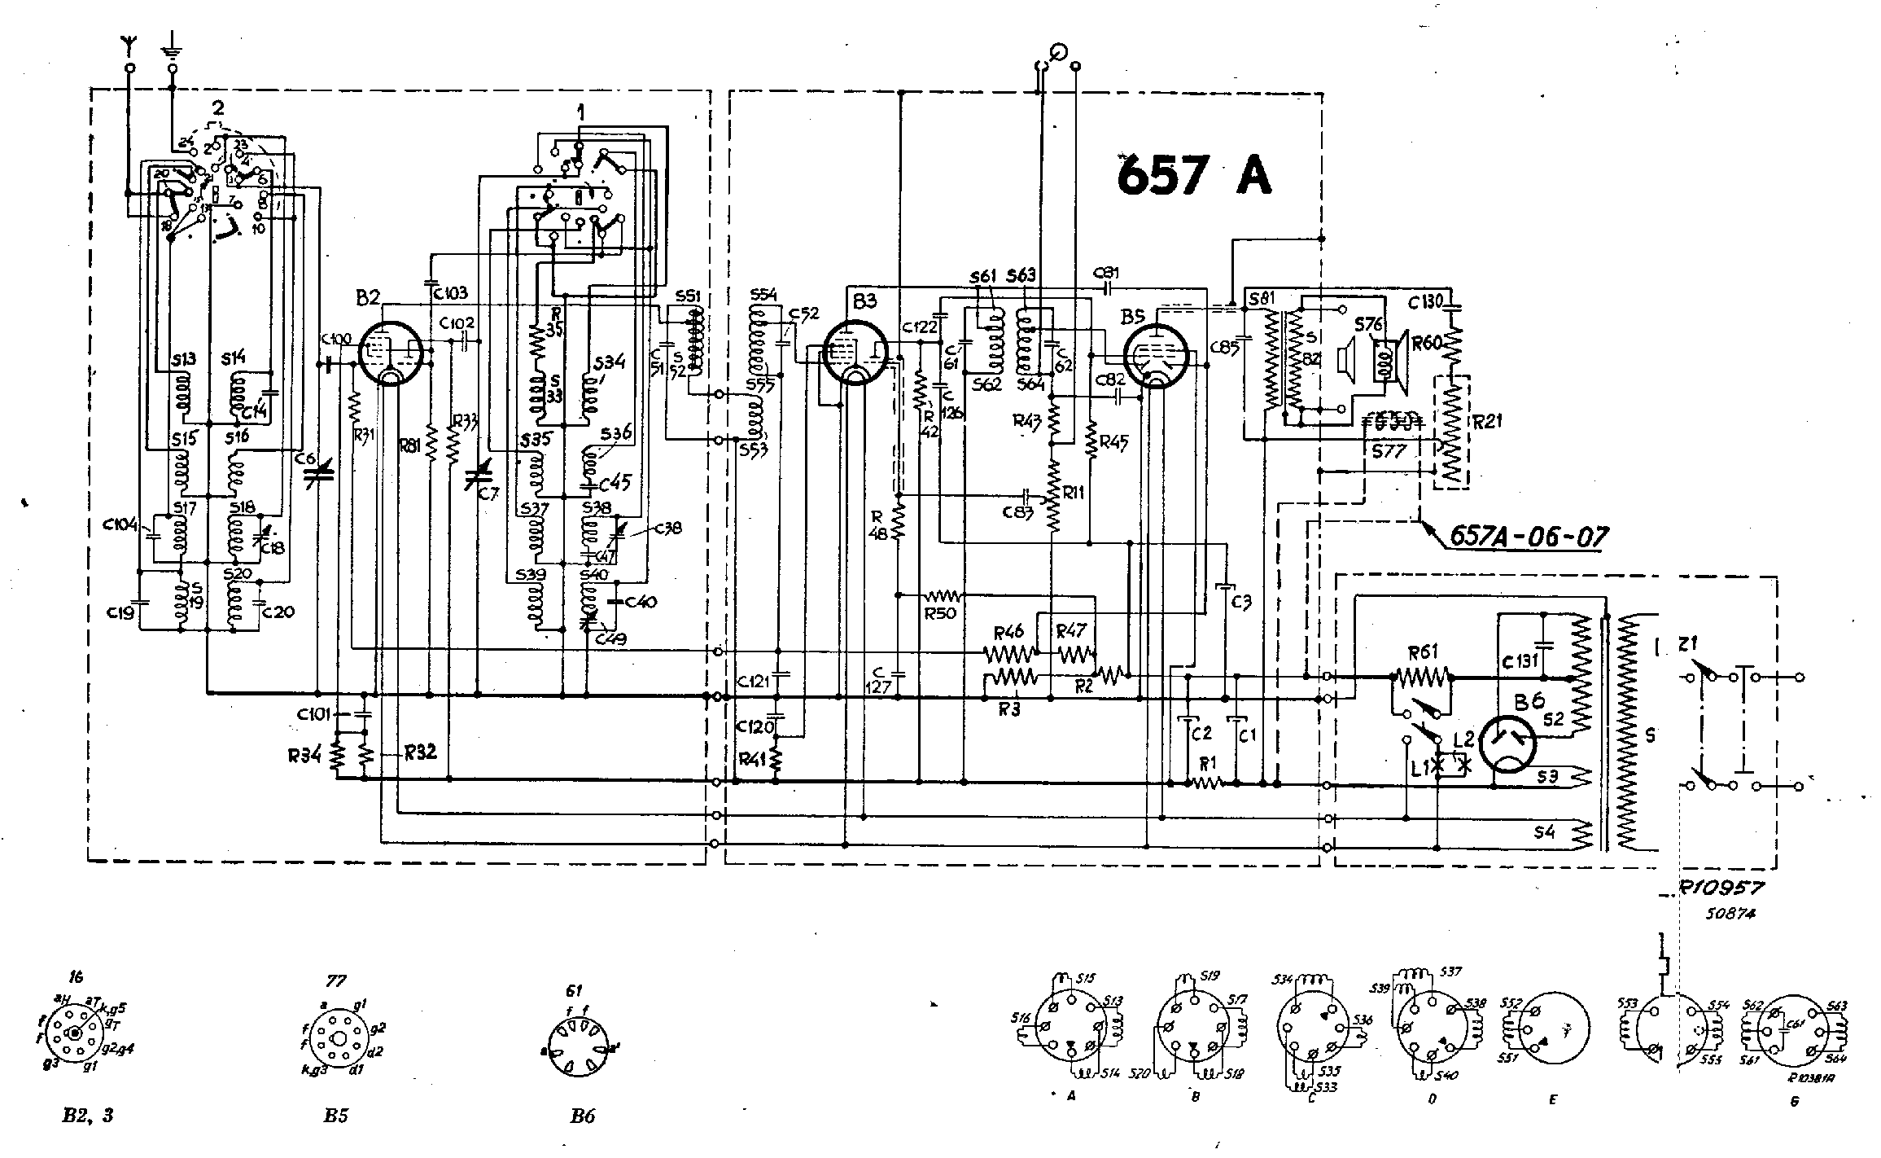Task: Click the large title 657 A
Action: pyautogui.click(x=1193, y=178)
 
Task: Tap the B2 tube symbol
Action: pyautogui.click(x=389, y=353)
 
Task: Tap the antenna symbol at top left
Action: pyautogui.click(x=129, y=45)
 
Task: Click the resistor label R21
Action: pyautogui.click(x=1486, y=421)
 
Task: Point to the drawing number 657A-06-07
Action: pyautogui.click(x=1528, y=537)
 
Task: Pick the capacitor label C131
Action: pyautogui.click(x=1519, y=660)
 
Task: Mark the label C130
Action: pyautogui.click(x=1425, y=303)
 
